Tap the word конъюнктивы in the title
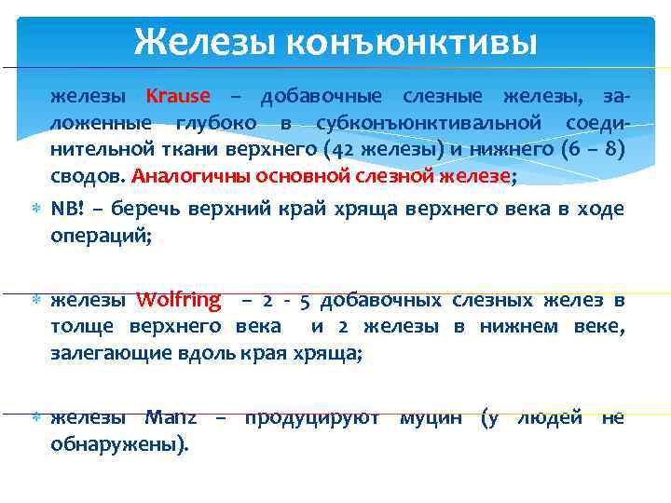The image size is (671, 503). click(x=411, y=41)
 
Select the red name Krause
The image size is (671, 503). click(x=178, y=96)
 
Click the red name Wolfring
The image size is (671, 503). click(x=178, y=300)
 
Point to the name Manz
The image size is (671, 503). click(x=171, y=418)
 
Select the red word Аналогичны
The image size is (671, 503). click(x=180, y=175)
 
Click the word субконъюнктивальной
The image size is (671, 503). click(x=428, y=122)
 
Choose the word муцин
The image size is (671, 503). click(x=431, y=418)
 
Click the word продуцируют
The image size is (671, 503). click(x=311, y=418)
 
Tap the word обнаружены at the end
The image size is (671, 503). click(x=117, y=444)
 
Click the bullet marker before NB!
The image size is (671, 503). click(x=34, y=209)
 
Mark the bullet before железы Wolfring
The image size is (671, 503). click(x=34, y=301)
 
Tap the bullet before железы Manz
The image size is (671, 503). click(x=34, y=419)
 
